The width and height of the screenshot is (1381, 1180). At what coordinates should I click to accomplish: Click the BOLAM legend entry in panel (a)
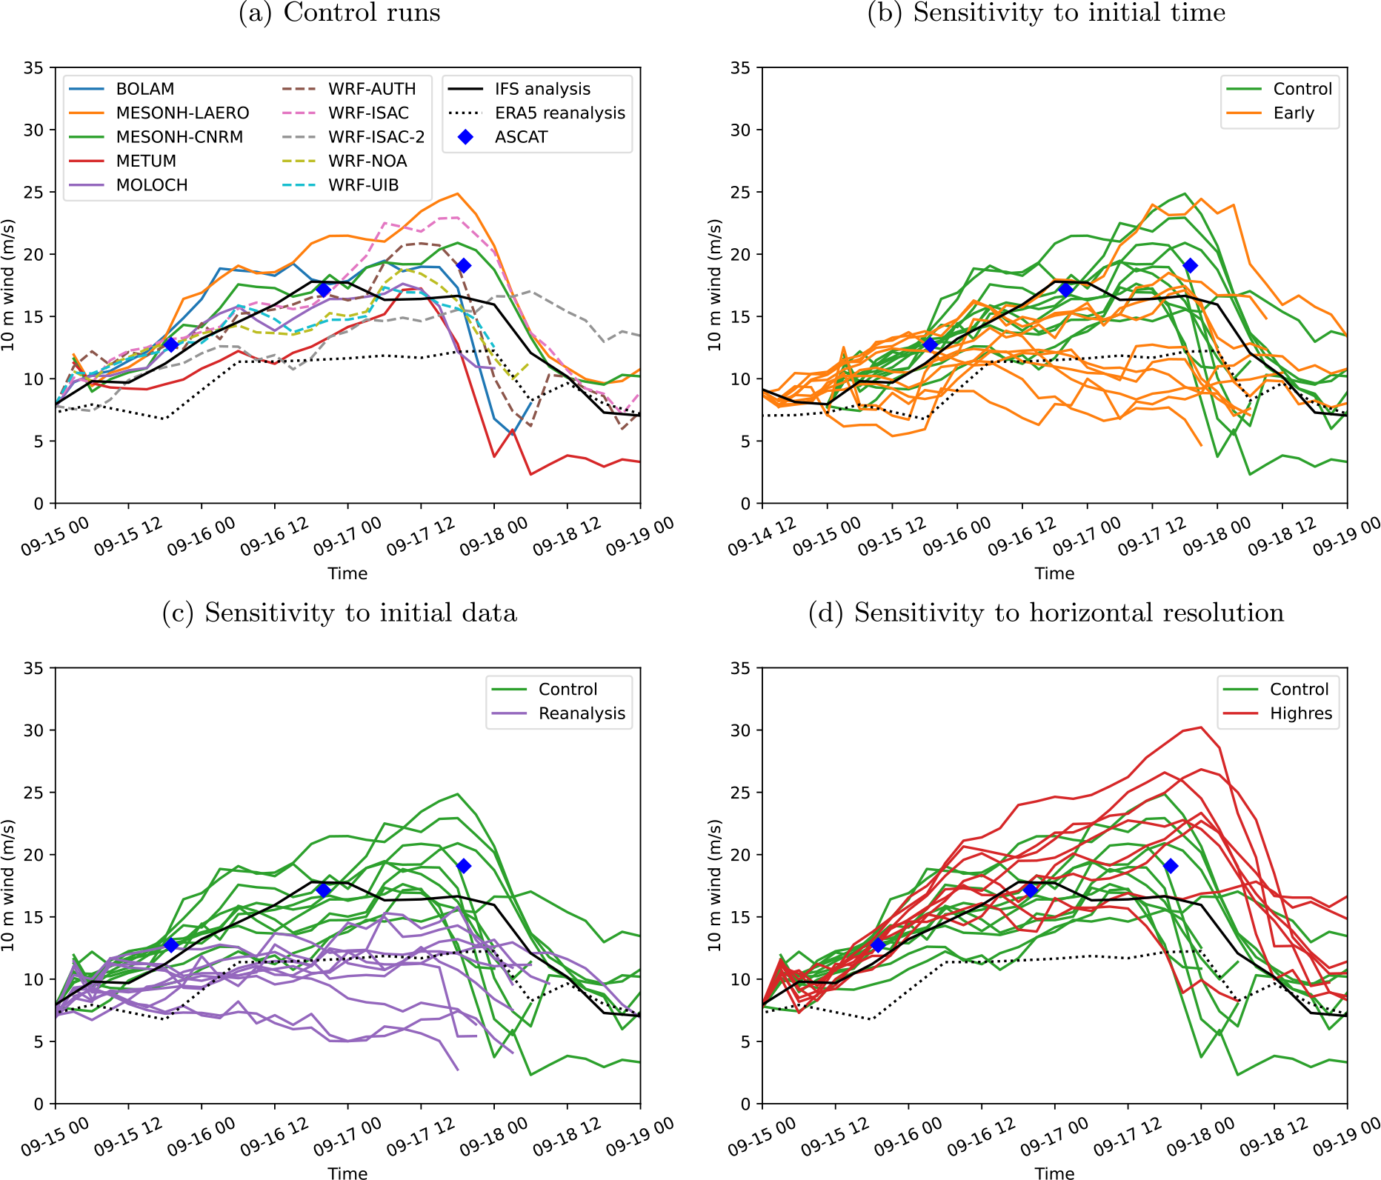[145, 89]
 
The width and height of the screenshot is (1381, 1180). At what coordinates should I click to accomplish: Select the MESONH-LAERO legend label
[182, 113]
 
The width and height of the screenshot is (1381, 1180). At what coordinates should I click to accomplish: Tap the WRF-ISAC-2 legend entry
[376, 137]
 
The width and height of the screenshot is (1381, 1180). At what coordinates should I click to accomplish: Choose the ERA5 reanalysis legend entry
[559, 113]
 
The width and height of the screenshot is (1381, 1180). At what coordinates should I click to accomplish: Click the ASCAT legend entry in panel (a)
[521, 137]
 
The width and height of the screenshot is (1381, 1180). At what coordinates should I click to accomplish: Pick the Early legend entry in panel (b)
[1294, 113]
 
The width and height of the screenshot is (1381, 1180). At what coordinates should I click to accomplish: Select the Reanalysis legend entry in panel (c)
[582, 713]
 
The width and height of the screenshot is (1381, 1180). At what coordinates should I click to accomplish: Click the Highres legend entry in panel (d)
[1300, 713]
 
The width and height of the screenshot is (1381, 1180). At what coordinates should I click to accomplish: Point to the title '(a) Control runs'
[339, 13]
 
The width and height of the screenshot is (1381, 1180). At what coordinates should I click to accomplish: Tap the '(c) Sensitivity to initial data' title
[339, 613]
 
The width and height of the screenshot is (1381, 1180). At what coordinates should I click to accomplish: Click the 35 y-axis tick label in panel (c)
[34, 668]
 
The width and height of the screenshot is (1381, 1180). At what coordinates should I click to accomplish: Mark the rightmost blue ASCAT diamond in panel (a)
[464, 265]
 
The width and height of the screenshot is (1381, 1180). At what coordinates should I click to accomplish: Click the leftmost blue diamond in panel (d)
[878, 945]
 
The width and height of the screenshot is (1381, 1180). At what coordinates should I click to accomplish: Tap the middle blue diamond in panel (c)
[323, 890]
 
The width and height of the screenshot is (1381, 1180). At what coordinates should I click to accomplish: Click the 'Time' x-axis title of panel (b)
[1054, 573]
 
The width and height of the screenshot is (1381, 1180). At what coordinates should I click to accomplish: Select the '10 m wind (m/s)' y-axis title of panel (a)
[8, 285]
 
